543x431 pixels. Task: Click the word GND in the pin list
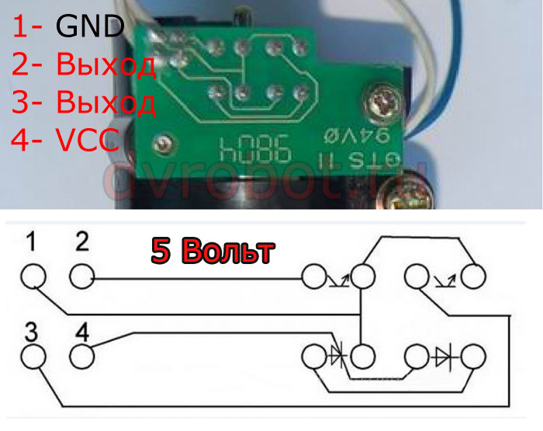[x=90, y=28]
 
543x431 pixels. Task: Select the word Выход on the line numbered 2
[x=106, y=65]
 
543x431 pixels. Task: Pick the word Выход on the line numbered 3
[x=106, y=103]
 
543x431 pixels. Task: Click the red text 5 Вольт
[x=212, y=252]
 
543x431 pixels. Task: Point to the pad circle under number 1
[x=33, y=276]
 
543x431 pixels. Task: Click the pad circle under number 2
[x=81, y=276]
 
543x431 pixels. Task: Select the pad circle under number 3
[x=33, y=357]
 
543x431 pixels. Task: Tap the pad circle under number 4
[x=81, y=357]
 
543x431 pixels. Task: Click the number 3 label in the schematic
[x=32, y=333]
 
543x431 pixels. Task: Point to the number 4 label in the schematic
[x=82, y=333]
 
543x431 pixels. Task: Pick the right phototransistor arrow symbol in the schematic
[x=442, y=276]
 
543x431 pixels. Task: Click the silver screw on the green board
[x=382, y=100]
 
